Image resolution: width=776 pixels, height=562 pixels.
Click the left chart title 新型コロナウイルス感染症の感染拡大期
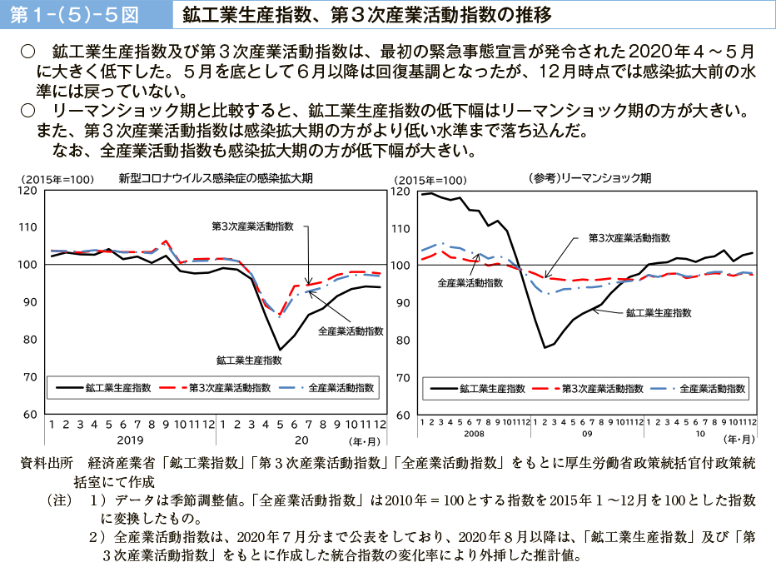205,178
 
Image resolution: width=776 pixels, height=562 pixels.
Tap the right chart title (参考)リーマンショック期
589,178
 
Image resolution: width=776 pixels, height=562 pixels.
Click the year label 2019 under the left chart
130,439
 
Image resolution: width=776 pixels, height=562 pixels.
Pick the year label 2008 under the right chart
473,434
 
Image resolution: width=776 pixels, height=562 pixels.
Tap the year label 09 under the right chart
586,434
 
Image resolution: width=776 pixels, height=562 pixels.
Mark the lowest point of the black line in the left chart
281,350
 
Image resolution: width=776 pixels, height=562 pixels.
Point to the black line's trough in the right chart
545,347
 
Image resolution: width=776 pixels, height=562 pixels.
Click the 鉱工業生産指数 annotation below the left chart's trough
249,361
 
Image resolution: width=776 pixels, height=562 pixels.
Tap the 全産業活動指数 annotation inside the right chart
470,282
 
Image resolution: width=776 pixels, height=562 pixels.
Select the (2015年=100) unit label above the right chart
430,180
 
